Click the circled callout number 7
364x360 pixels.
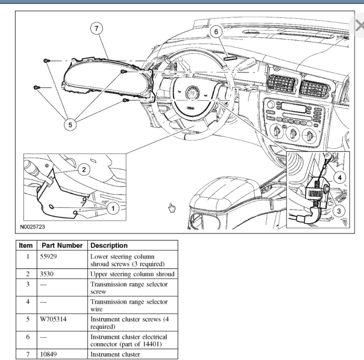click(x=97, y=29)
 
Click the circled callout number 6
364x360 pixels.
click(x=216, y=32)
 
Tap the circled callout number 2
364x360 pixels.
click(x=84, y=169)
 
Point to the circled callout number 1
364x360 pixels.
click(x=113, y=208)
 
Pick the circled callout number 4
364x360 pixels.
click(x=340, y=177)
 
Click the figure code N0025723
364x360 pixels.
click(x=32, y=226)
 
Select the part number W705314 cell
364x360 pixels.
click(x=55, y=319)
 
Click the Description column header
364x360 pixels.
click(x=109, y=246)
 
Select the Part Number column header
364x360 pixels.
click(x=62, y=246)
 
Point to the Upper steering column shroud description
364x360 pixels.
click(x=132, y=274)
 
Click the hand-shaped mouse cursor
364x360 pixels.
click(x=172, y=208)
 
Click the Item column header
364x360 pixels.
click(x=26, y=246)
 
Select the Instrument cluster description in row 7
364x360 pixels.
click(x=115, y=354)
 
